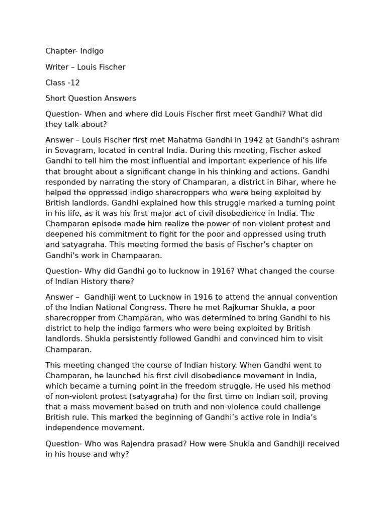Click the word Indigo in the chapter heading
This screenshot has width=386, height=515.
tap(91, 51)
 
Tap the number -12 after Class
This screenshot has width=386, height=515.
tap(73, 82)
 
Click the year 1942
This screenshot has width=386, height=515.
tap(238, 140)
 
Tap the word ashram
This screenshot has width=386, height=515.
tap(326, 140)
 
